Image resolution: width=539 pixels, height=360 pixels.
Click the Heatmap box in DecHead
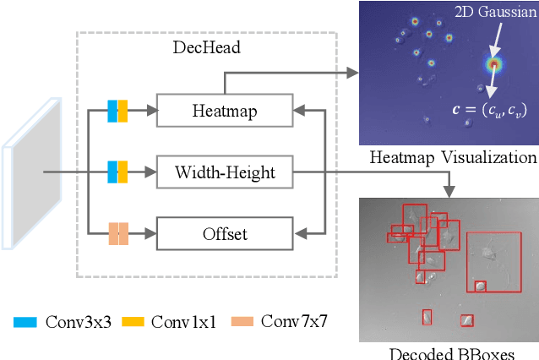pos(224,110)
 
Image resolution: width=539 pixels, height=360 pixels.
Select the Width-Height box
pos(224,172)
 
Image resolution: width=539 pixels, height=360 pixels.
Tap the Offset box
pos(224,233)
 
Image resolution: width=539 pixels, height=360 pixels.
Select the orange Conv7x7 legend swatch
pos(243,321)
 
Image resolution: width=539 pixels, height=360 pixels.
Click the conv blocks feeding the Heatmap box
pos(117,110)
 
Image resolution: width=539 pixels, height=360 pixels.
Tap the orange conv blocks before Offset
pos(117,233)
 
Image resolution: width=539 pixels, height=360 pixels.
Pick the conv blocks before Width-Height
pos(117,172)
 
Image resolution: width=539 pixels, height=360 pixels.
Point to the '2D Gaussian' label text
pos(493,12)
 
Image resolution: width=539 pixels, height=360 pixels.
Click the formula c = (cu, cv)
pos(486,110)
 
